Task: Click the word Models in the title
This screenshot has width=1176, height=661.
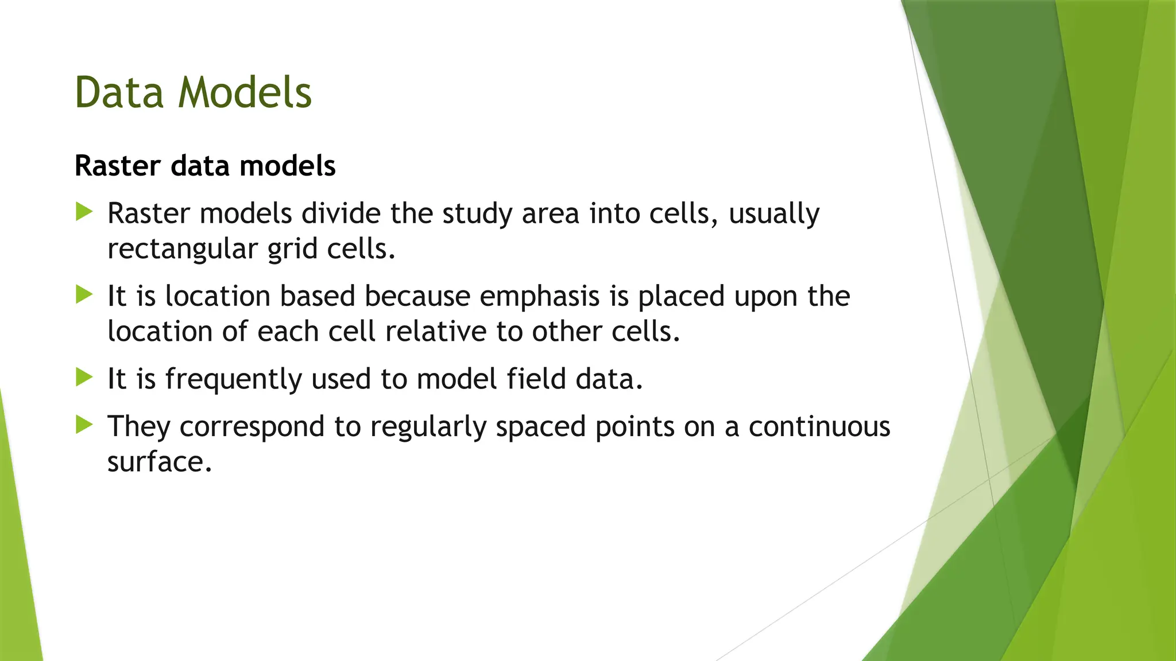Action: (x=245, y=93)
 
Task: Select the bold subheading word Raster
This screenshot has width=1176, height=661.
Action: (x=118, y=166)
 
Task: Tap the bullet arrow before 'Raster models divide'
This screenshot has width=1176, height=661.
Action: (x=84, y=212)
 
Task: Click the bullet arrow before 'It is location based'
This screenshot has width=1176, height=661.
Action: (x=84, y=295)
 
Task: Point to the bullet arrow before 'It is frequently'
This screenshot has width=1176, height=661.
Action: (x=84, y=378)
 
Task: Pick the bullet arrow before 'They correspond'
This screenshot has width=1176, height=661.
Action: (x=84, y=425)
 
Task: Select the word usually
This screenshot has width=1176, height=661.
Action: (x=773, y=215)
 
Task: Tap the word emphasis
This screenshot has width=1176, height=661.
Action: (x=539, y=297)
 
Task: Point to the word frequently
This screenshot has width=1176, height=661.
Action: (x=233, y=380)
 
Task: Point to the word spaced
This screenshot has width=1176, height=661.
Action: (x=540, y=427)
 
